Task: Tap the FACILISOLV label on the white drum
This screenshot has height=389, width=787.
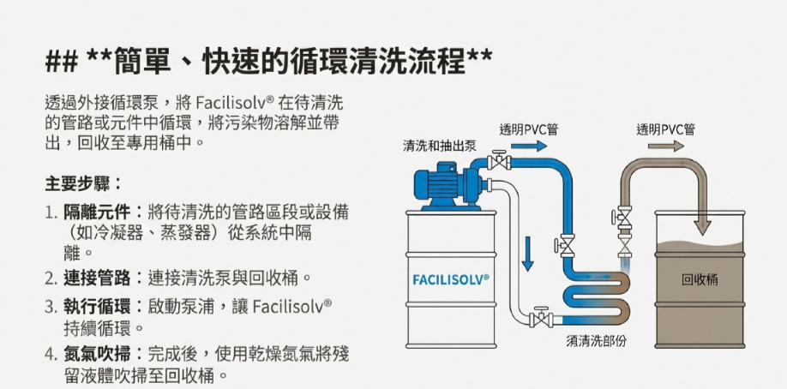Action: pos(451,279)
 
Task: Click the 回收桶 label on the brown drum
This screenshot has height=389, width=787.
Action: pos(700,279)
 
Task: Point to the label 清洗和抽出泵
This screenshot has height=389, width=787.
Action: pos(440,146)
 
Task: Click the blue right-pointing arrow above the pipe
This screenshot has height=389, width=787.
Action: pos(529,147)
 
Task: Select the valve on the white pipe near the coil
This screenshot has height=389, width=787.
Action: pos(541,319)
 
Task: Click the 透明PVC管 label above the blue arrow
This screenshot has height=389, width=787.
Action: pos(529,129)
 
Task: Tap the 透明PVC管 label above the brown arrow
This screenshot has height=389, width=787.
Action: pos(665,129)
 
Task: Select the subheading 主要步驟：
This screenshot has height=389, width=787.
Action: pos(84,183)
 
